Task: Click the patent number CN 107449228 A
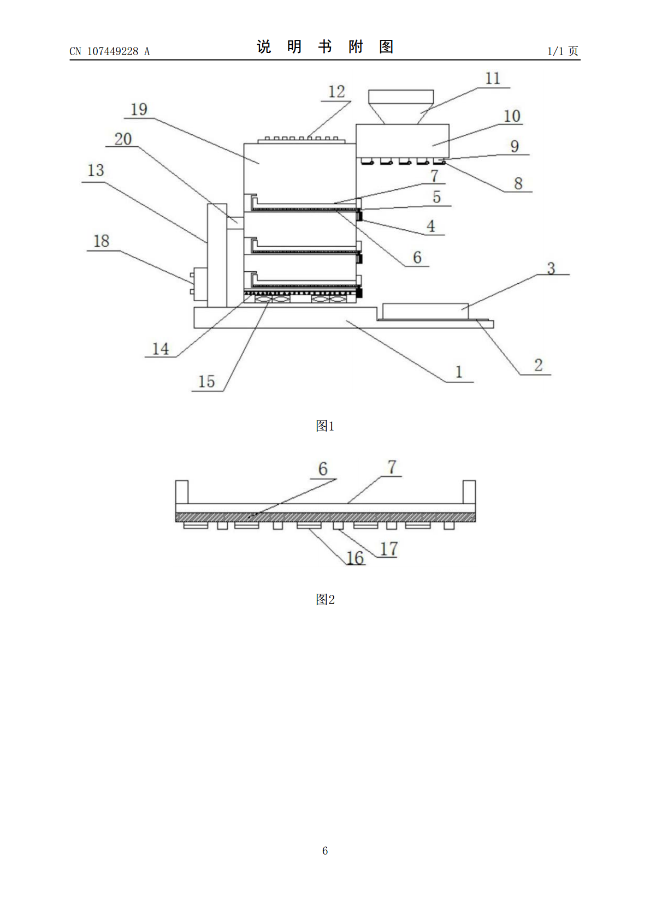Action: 110,51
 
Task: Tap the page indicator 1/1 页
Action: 563,51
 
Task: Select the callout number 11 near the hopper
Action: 493,79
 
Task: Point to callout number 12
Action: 336,92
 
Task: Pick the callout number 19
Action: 139,109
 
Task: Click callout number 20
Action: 123,139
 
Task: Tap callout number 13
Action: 96,170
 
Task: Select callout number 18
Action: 102,241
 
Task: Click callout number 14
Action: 161,349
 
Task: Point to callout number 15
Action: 206,381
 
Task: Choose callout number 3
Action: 551,268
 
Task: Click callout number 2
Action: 539,365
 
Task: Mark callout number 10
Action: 512,116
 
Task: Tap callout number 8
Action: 518,183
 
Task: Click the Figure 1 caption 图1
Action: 325,426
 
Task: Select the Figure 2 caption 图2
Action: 325,599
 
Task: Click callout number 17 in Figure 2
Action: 388,548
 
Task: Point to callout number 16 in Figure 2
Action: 355,558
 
